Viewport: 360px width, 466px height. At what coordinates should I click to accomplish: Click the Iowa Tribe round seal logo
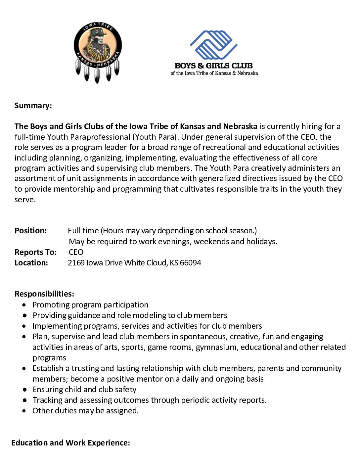coord(98,50)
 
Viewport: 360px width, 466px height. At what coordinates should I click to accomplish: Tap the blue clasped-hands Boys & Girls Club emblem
coord(213,45)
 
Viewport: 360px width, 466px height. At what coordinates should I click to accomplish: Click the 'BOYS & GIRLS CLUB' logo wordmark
coord(213,66)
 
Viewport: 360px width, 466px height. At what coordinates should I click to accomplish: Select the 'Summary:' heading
coord(33,106)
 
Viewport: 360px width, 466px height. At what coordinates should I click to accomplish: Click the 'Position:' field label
coord(30,231)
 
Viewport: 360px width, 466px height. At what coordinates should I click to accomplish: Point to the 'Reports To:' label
coord(35,252)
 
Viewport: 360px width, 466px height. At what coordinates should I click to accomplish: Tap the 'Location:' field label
coord(31,263)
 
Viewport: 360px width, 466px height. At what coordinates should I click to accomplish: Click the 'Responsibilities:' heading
coord(44,294)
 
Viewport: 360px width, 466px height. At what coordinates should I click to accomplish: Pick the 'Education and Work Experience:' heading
coord(70,443)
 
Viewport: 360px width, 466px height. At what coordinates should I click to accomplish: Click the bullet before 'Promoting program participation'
coord(24,305)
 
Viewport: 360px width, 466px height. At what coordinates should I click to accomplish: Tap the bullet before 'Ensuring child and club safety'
coord(24,390)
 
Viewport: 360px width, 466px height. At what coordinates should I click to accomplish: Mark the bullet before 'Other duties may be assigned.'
coord(24,411)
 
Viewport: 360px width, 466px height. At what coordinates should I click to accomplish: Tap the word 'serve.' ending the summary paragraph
coord(25,200)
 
